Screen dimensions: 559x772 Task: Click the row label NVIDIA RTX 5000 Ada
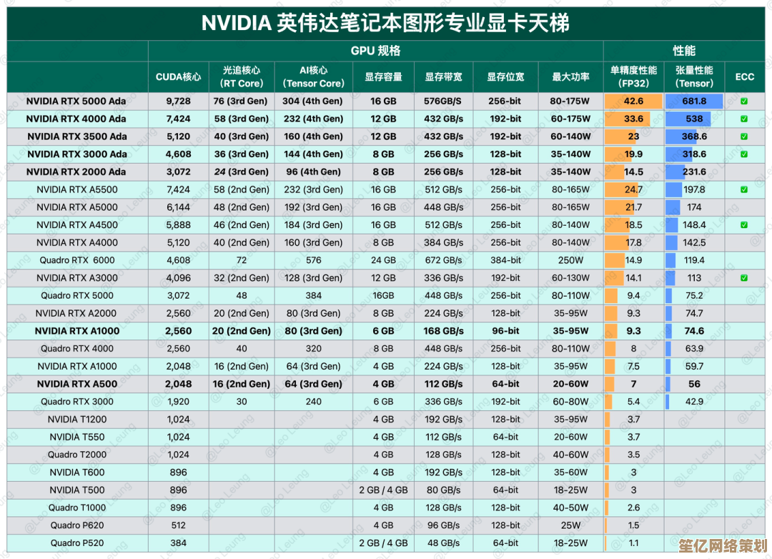(76, 102)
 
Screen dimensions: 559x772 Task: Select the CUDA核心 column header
(178, 77)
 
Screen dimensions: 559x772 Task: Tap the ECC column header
(744, 77)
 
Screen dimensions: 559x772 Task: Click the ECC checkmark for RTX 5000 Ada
(744, 102)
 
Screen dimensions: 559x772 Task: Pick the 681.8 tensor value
(693, 102)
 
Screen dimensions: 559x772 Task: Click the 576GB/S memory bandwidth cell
(443, 102)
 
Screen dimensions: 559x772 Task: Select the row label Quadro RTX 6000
(77, 260)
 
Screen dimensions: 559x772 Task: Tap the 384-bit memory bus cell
(505, 260)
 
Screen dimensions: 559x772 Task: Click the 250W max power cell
(570, 260)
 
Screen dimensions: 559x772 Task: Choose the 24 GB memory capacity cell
(383, 260)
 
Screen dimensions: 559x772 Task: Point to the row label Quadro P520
(77, 543)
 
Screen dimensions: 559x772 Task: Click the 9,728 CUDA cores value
(178, 102)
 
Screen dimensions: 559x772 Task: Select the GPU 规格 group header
(375, 51)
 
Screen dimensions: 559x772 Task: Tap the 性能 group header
(684, 51)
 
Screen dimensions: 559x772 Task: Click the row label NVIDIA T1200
(77, 420)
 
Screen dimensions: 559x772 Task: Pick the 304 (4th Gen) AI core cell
(312, 102)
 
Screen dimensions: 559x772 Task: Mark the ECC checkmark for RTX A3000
(744, 278)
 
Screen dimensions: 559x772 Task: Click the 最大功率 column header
(570, 77)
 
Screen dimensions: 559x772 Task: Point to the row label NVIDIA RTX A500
(77, 384)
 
